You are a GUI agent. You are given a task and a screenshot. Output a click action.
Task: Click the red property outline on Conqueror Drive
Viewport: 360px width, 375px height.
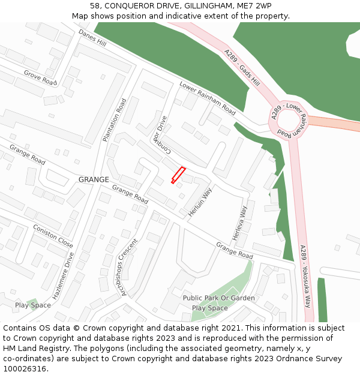click(178, 175)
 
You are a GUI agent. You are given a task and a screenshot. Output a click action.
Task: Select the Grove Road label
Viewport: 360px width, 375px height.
click(40, 77)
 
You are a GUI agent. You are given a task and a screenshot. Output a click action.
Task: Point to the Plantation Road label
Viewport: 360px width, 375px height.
click(114, 120)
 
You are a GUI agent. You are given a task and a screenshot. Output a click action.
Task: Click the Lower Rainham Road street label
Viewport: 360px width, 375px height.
click(208, 98)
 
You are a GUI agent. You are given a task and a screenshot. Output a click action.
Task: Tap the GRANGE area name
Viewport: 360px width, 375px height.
click(94, 179)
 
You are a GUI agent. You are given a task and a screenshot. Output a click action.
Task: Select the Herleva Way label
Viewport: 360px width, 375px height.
click(240, 224)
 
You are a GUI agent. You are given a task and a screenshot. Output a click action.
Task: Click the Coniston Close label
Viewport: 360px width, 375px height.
click(53, 236)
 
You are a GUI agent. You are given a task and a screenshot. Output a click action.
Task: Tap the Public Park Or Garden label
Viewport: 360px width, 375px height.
click(219, 298)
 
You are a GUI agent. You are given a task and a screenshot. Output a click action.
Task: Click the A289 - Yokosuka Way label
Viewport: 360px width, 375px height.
click(306, 277)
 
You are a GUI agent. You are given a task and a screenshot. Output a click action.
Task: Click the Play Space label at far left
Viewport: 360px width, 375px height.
click(33, 305)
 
